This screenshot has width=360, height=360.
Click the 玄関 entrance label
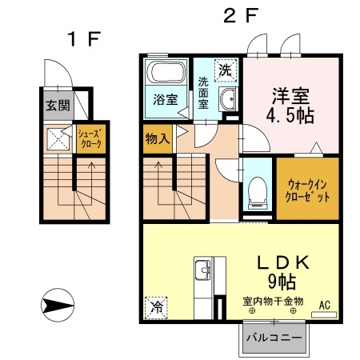pyautogui.click(x=56, y=106)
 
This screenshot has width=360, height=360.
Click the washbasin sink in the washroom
pyautogui.click(x=229, y=100)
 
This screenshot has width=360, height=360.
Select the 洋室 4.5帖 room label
pyautogui.click(x=289, y=104)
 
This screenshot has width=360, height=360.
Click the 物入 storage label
pyautogui.click(x=158, y=139)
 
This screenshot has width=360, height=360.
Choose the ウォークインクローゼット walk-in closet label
pyautogui.click(x=307, y=190)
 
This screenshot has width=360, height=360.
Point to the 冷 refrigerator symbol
pyautogui.click(x=157, y=306)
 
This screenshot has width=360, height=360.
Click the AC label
pyautogui.click(x=325, y=305)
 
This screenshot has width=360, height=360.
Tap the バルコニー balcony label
pyautogui.click(x=273, y=337)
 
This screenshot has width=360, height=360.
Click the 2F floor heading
pyautogui.click(x=241, y=15)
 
